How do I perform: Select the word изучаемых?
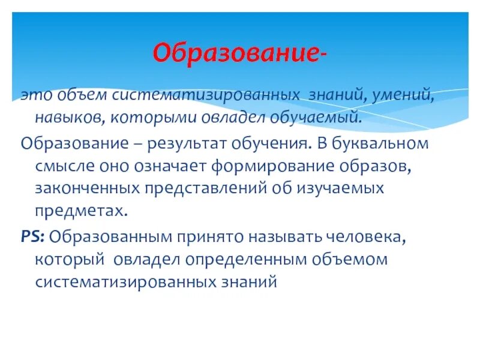(338, 188)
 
